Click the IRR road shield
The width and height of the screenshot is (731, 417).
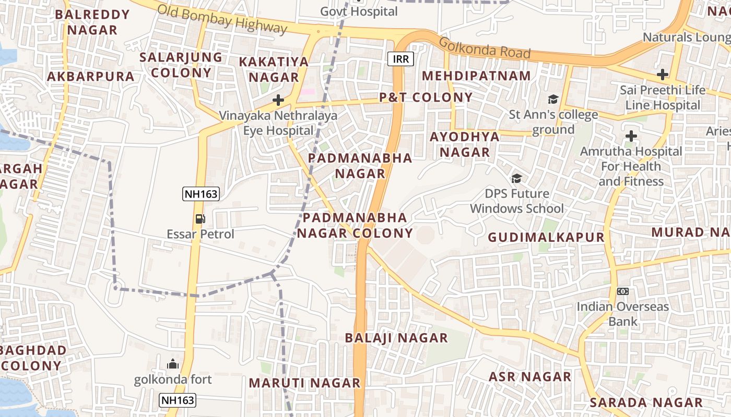point(401,59)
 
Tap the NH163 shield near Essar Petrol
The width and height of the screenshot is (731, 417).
point(201,194)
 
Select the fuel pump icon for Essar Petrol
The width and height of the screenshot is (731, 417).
point(200,219)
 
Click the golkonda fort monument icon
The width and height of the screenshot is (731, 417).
point(173,364)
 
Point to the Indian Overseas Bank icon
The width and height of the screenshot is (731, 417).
point(622,291)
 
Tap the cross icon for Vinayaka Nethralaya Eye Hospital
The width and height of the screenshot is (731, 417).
point(278,100)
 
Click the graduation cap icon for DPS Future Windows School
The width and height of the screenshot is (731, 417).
point(516,178)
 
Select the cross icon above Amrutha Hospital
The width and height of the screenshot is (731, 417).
point(631,137)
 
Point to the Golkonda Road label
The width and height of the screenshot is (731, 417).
point(485,48)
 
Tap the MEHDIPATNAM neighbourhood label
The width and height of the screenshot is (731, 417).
point(476,76)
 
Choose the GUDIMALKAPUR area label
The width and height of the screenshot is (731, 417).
point(546,238)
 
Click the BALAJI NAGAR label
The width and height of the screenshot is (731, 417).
point(396,338)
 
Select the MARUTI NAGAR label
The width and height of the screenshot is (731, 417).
point(304,383)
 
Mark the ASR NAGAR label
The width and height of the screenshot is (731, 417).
point(530,377)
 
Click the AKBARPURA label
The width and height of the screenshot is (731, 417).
point(91,77)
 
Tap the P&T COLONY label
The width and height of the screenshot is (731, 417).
point(426,97)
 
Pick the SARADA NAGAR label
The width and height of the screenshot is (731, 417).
point(646,402)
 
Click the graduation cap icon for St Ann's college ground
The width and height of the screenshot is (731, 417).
point(553,99)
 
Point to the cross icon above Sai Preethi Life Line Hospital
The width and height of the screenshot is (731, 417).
point(663,75)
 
